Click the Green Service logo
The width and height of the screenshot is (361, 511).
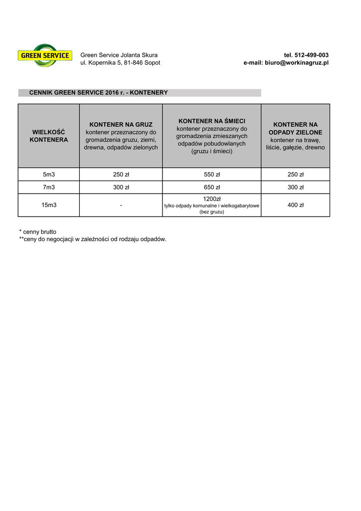(x=44, y=55)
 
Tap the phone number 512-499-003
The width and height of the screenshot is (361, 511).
(x=312, y=55)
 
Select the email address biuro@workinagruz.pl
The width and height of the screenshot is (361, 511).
(x=297, y=63)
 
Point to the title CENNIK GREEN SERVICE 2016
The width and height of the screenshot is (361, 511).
(x=98, y=93)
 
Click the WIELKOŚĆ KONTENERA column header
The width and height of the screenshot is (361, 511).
(x=49, y=136)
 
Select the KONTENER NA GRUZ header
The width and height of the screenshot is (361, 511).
(x=121, y=124)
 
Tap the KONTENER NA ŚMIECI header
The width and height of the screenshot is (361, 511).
(x=212, y=121)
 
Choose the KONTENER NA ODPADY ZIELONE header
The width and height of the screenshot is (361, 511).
(x=295, y=128)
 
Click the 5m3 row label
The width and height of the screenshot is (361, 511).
(x=49, y=174)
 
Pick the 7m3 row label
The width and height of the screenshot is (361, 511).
(x=49, y=187)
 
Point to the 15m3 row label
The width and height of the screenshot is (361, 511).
(x=49, y=205)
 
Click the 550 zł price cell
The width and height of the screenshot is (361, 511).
(x=212, y=174)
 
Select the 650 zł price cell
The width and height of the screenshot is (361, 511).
(x=212, y=187)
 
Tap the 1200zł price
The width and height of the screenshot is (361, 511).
(x=212, y=199)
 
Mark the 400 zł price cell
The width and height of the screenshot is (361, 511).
(x=295, y=205)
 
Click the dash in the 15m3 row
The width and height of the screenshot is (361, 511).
(x=121, y=205)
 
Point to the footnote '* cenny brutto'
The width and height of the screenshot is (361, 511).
(x=37, y=232)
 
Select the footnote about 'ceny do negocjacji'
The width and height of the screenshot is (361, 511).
(x=92, y=239)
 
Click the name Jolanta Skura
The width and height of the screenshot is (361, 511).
(x=140, y=55)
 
